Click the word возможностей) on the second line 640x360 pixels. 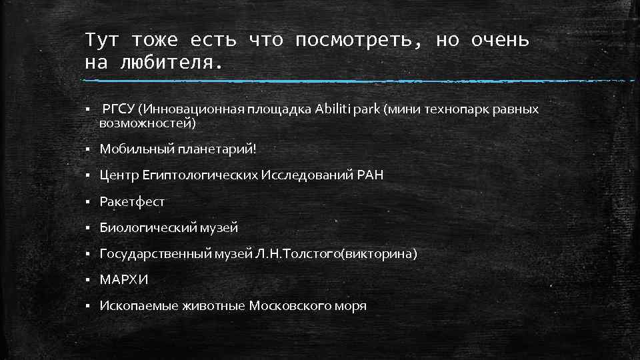(x=148, y=123)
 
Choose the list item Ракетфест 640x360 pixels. (x=132, y=201)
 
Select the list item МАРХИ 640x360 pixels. (x=124, y=280)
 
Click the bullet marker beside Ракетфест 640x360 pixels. (x=88, y=201)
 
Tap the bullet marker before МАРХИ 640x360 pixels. (x=88, y=280)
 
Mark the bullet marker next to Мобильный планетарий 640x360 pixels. (x=88, y=149)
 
